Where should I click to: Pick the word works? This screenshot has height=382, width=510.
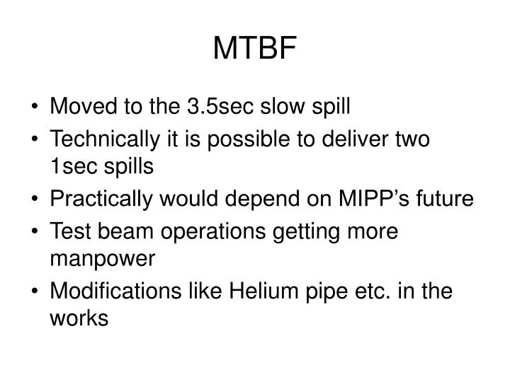click(x=79, y=319)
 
